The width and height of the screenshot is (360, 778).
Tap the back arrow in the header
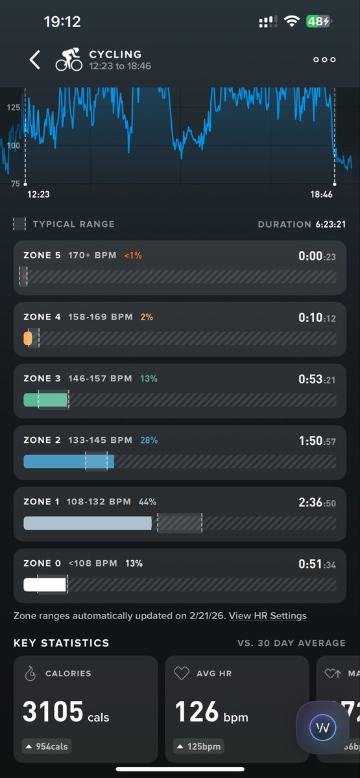click(35, 60)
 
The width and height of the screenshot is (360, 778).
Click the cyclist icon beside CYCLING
click(69, 60)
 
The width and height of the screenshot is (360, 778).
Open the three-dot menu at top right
click(324, 60)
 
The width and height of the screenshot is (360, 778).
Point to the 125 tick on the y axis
click(14, 107)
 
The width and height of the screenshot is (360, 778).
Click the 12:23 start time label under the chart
click(38, 194)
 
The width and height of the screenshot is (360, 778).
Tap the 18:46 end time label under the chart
click(321, 194)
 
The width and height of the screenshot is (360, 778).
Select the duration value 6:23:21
click(331, 224)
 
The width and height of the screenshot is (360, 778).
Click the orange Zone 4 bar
click(28, 338)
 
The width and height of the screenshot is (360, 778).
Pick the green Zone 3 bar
click(45, 400)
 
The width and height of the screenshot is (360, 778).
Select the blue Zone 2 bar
click(68, 462)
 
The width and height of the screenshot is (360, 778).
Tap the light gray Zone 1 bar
click(88, 523)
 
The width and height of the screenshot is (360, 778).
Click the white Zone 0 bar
click(45, 584)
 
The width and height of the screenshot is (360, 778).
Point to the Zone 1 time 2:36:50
click(317, 502)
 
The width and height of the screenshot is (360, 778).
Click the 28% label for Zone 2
click(149, 440)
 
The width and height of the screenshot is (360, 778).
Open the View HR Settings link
click(268, 616)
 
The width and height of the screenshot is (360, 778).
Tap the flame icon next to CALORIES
click(30, 674)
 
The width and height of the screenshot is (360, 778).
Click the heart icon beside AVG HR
click(182, 674)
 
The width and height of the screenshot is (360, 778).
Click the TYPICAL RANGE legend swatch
click(20, 224)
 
